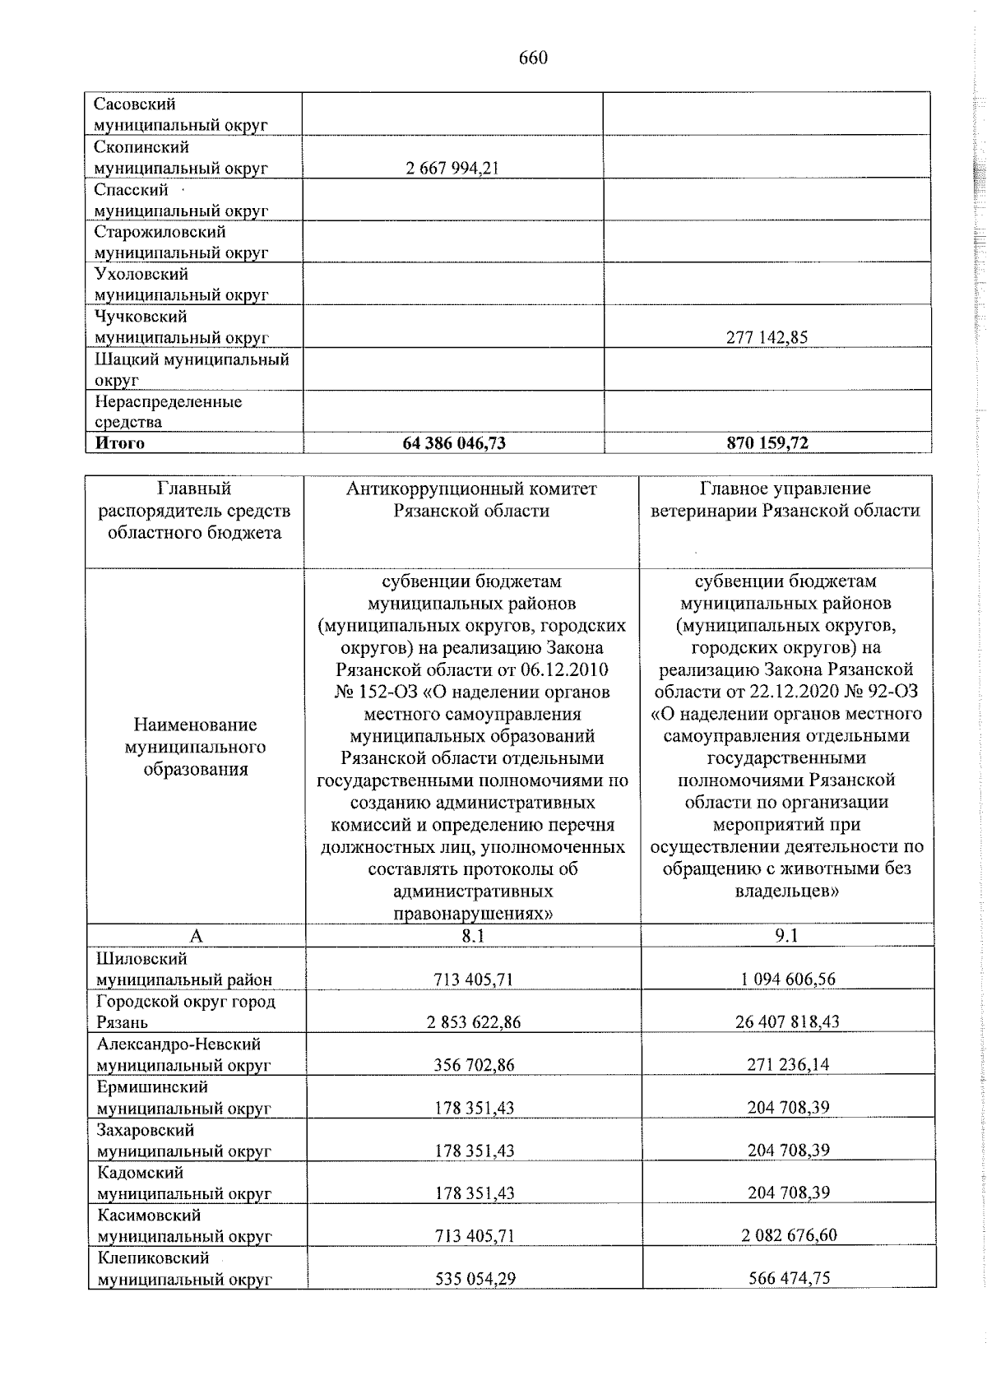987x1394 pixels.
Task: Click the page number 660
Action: [x=533, y=58]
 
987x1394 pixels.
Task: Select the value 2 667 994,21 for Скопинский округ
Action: [x=452, y=169]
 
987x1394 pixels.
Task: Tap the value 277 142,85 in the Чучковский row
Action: [x=767, y=338]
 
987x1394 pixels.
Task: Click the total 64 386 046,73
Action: [x=454, y=443]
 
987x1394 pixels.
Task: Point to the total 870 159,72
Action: [x=767, y=443]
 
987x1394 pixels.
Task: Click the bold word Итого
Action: [x=120, y=443]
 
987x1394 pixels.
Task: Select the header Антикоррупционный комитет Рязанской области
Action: [x=471, y=500]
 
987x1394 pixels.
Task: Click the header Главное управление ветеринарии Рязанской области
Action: [x=785, y=500]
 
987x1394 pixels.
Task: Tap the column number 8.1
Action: [x=473, y=936]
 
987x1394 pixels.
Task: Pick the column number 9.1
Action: [x=786, y=936]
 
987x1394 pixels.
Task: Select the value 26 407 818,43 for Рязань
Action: [x=787, y=1022]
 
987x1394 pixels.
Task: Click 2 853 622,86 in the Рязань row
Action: [x=474, y=1022]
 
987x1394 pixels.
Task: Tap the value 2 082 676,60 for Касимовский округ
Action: [x=787, y=1236]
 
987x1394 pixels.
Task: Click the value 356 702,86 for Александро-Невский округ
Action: [x=474, y=1065]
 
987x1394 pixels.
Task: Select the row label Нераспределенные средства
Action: [x=168, y=412]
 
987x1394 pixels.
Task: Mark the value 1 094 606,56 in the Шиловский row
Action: [x=787, y=980]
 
